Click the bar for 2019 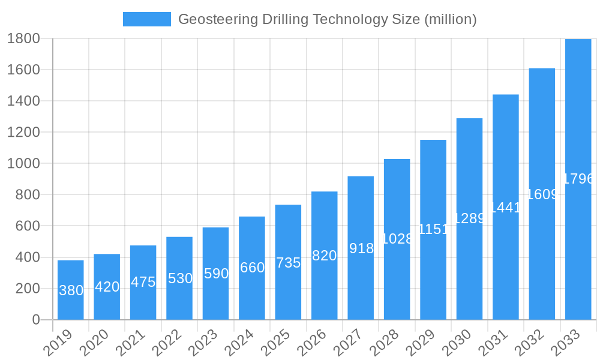(71, 290)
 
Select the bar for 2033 (578, 179)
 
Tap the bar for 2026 (324, 256)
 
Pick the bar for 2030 (469, 219)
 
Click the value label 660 (252, 268)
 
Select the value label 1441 (505, 208)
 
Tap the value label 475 (143, 282)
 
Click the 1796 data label (578, 179)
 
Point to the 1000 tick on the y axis (23, 163)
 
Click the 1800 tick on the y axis (23, 38)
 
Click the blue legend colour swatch (147, 19)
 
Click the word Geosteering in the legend (217, 19)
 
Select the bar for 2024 (252, 268)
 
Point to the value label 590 (216, 274)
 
